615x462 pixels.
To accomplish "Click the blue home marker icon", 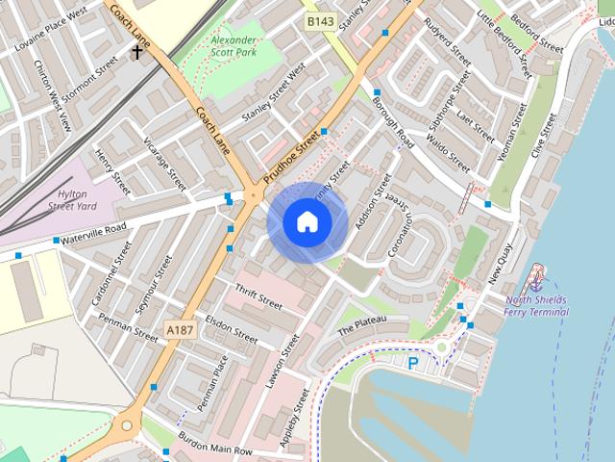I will coord(307,222).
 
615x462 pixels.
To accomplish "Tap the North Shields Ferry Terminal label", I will coord(537,305).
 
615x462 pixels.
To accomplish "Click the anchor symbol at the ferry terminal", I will coord(537,282).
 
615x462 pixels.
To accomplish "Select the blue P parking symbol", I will coord(413,363).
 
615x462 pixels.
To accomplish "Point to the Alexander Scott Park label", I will coord(234,47).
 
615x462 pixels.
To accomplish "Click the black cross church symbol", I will coord(137,51).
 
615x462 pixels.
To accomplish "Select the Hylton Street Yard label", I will coord(86,199).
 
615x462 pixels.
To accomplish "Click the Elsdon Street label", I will coord(233,330).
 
